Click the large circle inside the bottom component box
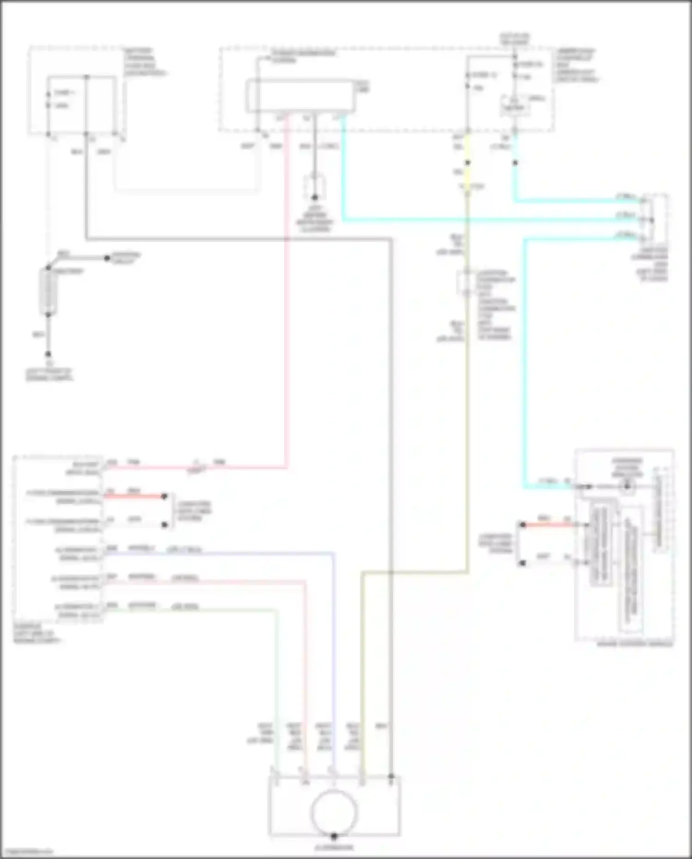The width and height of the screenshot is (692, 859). point(334,813)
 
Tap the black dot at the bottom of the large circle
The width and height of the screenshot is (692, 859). point(334,836)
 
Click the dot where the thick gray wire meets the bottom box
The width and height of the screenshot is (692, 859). point(391,777)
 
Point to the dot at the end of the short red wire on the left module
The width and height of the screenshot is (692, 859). point(164,496)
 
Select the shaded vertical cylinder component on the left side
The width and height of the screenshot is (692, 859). point(48,292)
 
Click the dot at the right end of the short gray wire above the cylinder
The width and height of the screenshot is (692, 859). point(107,258)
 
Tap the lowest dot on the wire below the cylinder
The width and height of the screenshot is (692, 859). point(48,354)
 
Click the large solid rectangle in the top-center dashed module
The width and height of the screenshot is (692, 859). point(301,96)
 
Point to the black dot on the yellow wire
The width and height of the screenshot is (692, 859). point(467,162)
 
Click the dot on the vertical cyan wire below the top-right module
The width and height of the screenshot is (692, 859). point(515,162)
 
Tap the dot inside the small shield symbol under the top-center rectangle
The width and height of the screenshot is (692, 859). point(315,197)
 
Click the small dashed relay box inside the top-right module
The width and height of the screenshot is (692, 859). point(514,106)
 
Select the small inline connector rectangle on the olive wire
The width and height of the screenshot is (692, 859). point(467,282)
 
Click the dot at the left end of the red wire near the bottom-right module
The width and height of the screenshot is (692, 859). point(523,525)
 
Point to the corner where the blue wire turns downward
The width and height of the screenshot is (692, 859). point(334,553)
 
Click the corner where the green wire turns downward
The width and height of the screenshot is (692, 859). point(277,611)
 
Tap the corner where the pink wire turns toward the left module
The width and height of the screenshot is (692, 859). point(287,467)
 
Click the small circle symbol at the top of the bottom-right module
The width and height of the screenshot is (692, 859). point(627,486)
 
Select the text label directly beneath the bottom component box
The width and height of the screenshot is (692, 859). point(334,847)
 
